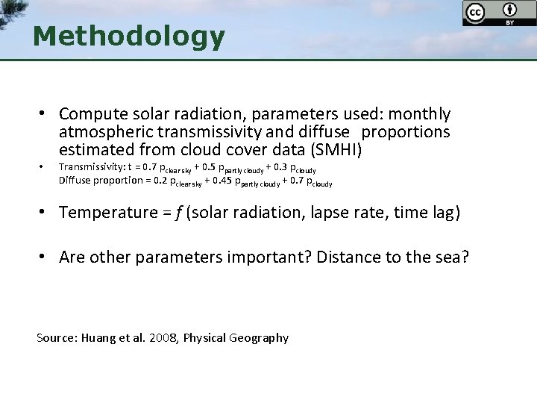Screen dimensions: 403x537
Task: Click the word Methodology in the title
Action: (x=128, y=36)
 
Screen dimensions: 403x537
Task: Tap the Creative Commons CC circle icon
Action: (x=474, y=13)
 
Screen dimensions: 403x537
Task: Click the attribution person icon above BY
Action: (x=509, y=10)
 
